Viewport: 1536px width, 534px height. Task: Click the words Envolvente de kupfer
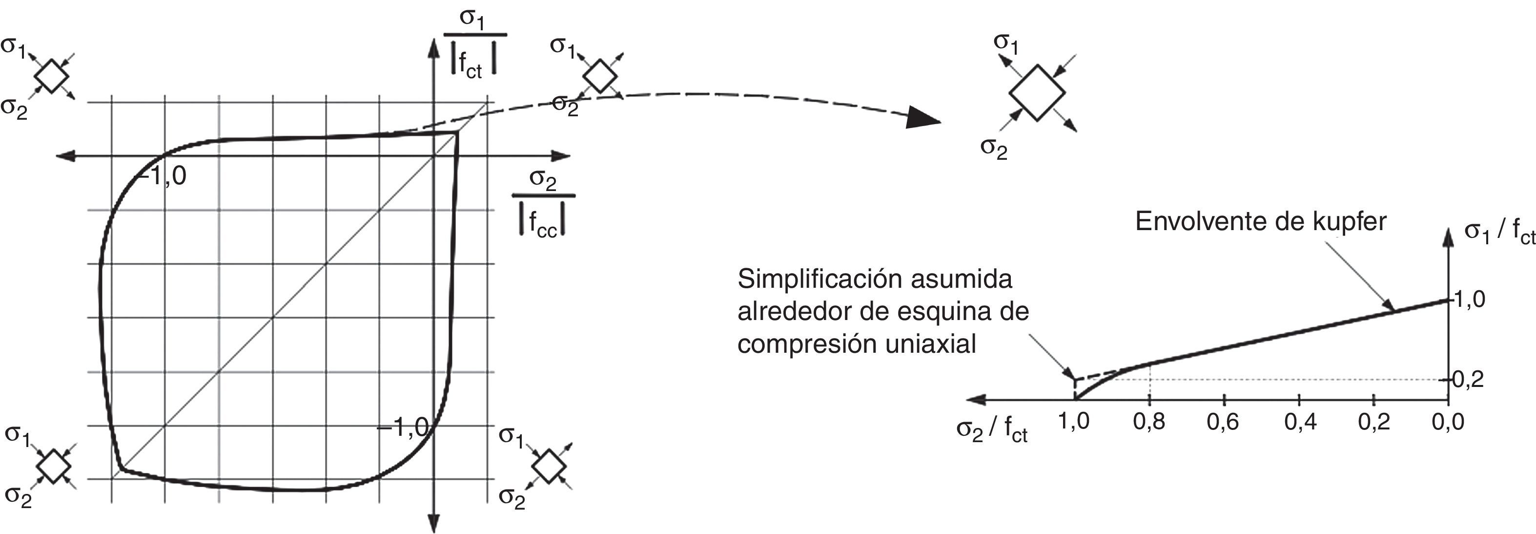pyautogui.click(x=1260, y=222)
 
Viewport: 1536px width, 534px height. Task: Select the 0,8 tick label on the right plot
pyautogui.click(x=1148, y=422)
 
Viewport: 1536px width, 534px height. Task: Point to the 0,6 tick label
pyautogui.click(x=1223, y=422)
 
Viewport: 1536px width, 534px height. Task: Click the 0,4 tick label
pyautogui.click(x=1300, y=422)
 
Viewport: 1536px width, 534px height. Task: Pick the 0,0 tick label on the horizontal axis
pyautogui.click(x=1448, y=422)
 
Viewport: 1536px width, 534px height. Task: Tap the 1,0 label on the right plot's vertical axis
pyautogui.click(x=1469, y=299)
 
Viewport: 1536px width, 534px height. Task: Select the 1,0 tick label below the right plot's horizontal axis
pyautogui.click(x=1073, y=421)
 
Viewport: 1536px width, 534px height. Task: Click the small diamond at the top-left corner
pyautogui.click(x=52, y=76)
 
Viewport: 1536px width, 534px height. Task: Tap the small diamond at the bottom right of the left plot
pyautogui.click(x=549, y=466)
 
